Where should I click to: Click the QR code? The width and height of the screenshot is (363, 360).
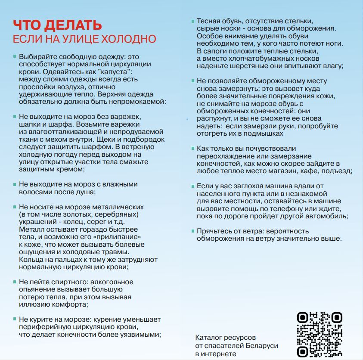[320, 334]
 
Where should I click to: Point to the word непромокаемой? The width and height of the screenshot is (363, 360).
[142, 101]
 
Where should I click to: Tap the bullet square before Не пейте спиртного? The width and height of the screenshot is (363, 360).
[15, 282]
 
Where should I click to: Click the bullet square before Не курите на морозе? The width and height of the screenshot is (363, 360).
[15, 319]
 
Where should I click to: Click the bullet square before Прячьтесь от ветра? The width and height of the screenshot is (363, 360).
[193, 231]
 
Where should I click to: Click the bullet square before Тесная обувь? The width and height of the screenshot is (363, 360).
[193, 21]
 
